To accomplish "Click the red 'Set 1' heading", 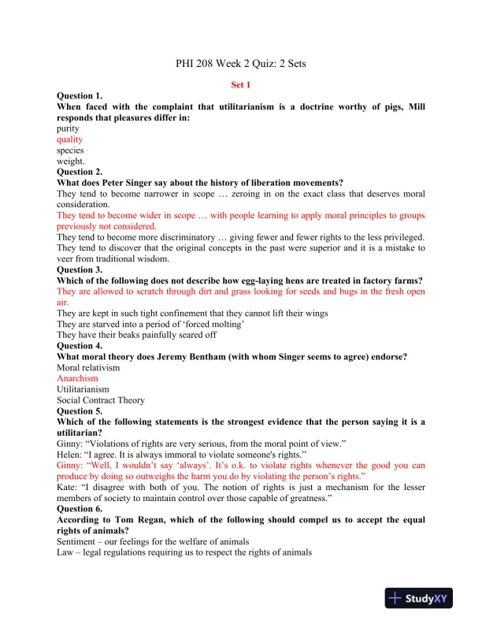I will click(x=240, y=84).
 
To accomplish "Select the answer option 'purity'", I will click(x=69, y=128).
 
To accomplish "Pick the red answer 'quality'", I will click(x=70, y=139).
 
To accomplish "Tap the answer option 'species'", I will click(x=70, y=150).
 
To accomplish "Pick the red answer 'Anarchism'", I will click(x=78, y=378).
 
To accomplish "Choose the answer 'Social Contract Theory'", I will click(x=101, y=400).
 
